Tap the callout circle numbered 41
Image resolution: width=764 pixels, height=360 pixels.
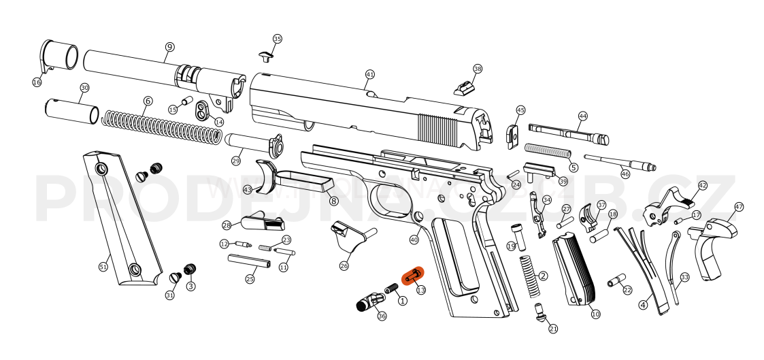click(x=370, y=74)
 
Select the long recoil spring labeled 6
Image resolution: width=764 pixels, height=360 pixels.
click(x=161, y=129)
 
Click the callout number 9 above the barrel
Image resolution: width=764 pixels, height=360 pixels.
click(x=169, y=47)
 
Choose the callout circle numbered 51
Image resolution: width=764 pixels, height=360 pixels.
click(x=103, y=267)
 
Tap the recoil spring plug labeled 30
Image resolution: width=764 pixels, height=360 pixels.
click(x=71, y=110)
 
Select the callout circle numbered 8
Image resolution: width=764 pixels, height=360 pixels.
click(x=333, y=201)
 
